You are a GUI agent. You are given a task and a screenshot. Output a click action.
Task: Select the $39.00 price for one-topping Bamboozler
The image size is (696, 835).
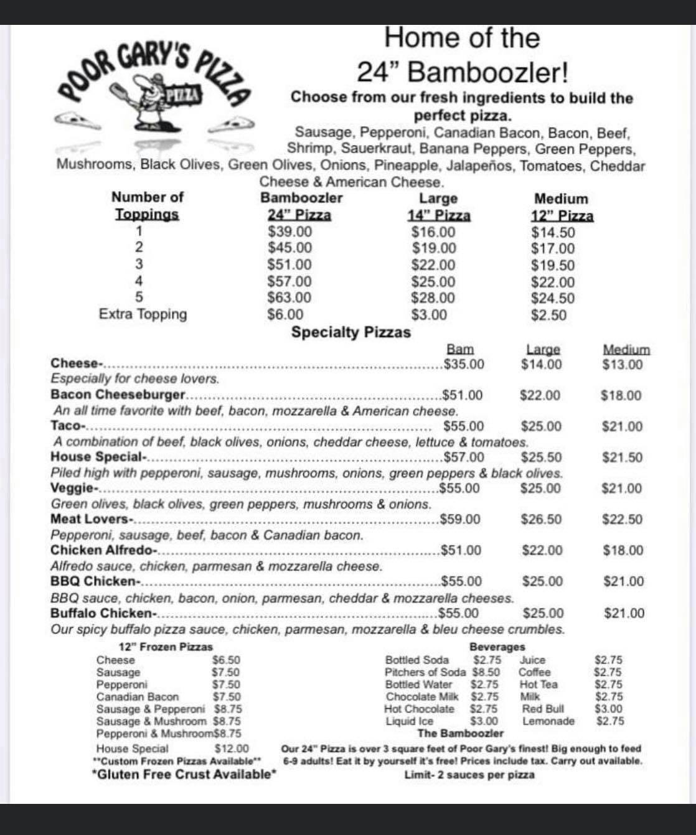[x=289, y=231]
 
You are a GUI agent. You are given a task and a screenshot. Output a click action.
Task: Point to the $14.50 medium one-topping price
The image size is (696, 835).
[x=553, y=233]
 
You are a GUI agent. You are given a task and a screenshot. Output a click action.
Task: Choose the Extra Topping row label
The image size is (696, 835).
[x=143, y=314]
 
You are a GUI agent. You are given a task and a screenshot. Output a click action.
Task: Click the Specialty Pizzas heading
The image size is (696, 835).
[x=351, y=332]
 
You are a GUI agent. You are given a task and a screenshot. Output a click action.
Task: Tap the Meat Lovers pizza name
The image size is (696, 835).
[x=91, y=519]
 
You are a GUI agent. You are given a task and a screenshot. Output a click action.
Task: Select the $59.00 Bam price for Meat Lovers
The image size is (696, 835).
[x=460, y=519]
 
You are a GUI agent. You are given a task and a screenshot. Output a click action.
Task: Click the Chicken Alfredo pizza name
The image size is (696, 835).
[x=103, y=550]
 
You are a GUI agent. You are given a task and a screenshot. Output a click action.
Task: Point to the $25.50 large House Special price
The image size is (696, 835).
[x=541, y=457]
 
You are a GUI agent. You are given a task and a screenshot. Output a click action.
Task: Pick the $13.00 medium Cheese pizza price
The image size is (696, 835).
[x=622, y=365]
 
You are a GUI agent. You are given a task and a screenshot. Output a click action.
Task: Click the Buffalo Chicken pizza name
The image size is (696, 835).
[x=102, y=613]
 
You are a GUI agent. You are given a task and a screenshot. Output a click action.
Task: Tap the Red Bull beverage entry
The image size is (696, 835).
[x=543, y=709]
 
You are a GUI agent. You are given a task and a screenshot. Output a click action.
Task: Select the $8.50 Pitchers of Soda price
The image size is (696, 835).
[x=486, y=672]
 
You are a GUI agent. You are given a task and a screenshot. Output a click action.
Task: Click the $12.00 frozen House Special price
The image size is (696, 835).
[x=232, y=749]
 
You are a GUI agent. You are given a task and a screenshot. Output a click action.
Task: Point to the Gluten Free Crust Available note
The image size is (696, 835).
[x=184, y=774]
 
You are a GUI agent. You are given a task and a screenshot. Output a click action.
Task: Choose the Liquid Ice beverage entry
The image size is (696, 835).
[x=409, y=721]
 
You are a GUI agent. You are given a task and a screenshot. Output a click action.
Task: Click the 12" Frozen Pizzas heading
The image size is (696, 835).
[x=166, y=647]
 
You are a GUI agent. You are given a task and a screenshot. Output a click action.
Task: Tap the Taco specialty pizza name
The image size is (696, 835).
[x=67, y=426]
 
